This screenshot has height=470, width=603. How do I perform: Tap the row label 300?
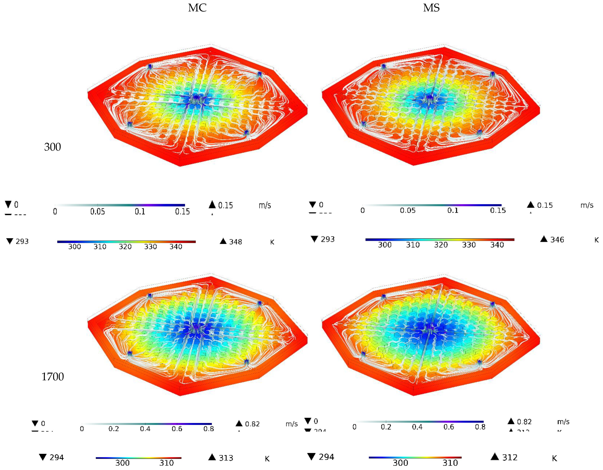[53, 147]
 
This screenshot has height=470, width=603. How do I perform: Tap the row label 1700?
[53, 377]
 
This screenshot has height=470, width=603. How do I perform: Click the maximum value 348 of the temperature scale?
[235, 242]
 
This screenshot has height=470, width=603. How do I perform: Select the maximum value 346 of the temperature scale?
[557, 240]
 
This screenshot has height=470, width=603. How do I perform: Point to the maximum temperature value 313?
[226, 458]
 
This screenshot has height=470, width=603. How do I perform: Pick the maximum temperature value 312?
[510, 458]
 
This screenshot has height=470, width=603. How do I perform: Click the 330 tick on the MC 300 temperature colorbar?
[150, 247]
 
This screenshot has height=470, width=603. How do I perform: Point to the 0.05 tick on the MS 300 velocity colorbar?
[408, 211]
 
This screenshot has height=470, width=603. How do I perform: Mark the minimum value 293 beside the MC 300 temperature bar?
[22, 241]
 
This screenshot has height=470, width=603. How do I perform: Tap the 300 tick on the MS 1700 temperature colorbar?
[400, 463]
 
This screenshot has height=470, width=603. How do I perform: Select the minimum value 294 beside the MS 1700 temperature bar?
[326, 457]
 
